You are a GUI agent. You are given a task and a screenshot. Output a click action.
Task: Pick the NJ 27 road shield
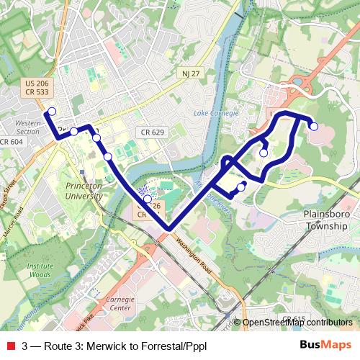(190, 73)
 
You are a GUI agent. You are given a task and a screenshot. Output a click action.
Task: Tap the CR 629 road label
(153, 132)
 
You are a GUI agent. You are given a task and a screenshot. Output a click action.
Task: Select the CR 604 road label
(12, 142)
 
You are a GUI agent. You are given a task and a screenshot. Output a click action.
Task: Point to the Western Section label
(27, 127)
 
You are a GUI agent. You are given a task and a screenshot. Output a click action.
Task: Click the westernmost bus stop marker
(51, 112)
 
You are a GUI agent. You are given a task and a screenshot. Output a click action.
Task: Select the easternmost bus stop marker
(314, 127)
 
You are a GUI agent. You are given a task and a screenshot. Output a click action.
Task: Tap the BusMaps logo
(325, 345)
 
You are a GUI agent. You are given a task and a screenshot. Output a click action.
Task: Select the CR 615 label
(294, 318)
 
